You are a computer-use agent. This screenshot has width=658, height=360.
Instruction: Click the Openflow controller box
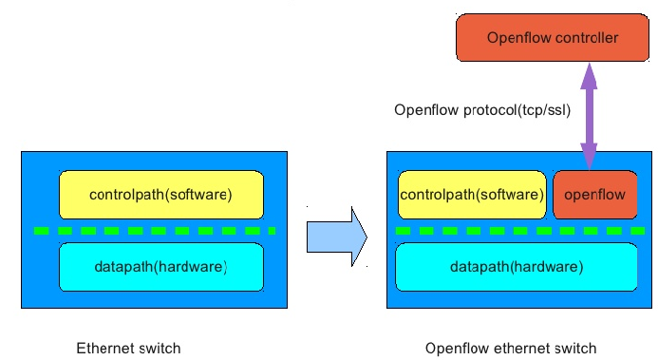[552, 38]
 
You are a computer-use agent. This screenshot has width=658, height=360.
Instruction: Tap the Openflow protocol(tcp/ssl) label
[482, 110]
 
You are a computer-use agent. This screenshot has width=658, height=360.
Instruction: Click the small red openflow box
[594, 195]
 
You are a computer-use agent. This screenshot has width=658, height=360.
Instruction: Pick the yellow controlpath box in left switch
[160, 195]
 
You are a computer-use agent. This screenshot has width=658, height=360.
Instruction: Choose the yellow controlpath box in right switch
[471, 195]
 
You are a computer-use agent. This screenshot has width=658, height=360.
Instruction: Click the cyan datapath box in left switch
[160, 267]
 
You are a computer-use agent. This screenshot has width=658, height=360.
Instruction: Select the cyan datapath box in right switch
[517, 267]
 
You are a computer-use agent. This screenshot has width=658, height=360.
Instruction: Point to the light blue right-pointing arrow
[335, 237]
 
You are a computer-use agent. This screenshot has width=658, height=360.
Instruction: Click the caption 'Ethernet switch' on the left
[128, 348]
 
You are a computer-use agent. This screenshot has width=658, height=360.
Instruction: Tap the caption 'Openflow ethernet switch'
[511, 348]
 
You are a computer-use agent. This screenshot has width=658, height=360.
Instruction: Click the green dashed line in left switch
[153, 231]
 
